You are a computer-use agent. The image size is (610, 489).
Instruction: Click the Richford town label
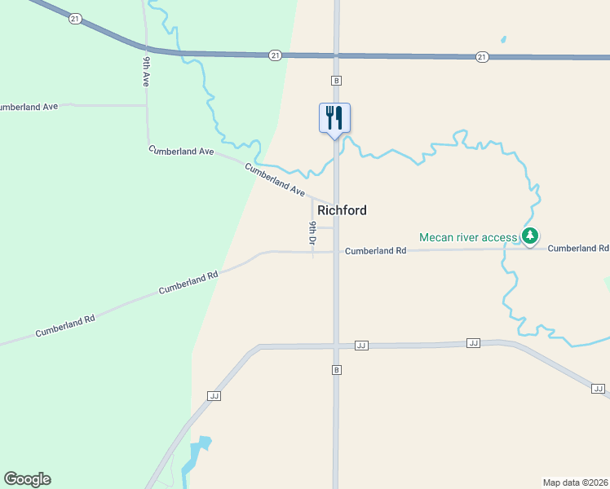coord(342,210)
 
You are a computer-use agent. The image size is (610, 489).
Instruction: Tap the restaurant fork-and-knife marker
coord(334,117)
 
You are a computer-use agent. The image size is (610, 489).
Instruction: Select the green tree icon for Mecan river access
coord(531,237)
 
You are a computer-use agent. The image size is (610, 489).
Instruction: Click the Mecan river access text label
coord(468,237)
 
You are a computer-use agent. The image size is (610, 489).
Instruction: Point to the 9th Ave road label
coord(146,72)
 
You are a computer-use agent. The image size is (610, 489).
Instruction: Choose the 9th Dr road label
coord(312,233)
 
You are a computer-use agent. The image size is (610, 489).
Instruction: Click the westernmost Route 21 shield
coord(74,18)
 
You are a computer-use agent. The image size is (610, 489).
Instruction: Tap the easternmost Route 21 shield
coord(482,56)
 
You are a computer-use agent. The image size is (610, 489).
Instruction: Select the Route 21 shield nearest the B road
coord(276,55)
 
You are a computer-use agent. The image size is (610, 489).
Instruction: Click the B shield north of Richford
coord(335,81)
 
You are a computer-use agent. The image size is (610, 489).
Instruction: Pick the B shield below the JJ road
coord(335,370)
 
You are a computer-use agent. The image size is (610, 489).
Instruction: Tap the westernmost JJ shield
coord(214,396)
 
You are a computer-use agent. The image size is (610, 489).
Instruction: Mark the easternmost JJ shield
coord(597,388)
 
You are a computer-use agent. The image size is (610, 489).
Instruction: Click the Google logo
coord(27,479)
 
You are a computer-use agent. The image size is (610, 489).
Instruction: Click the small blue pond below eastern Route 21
coord(503,39)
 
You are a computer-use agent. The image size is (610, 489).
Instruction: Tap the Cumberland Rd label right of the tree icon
coord(578,248)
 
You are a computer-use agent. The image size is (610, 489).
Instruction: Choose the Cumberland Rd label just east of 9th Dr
coord(375,251)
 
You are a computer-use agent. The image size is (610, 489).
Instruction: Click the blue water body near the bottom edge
coord(197,456)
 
